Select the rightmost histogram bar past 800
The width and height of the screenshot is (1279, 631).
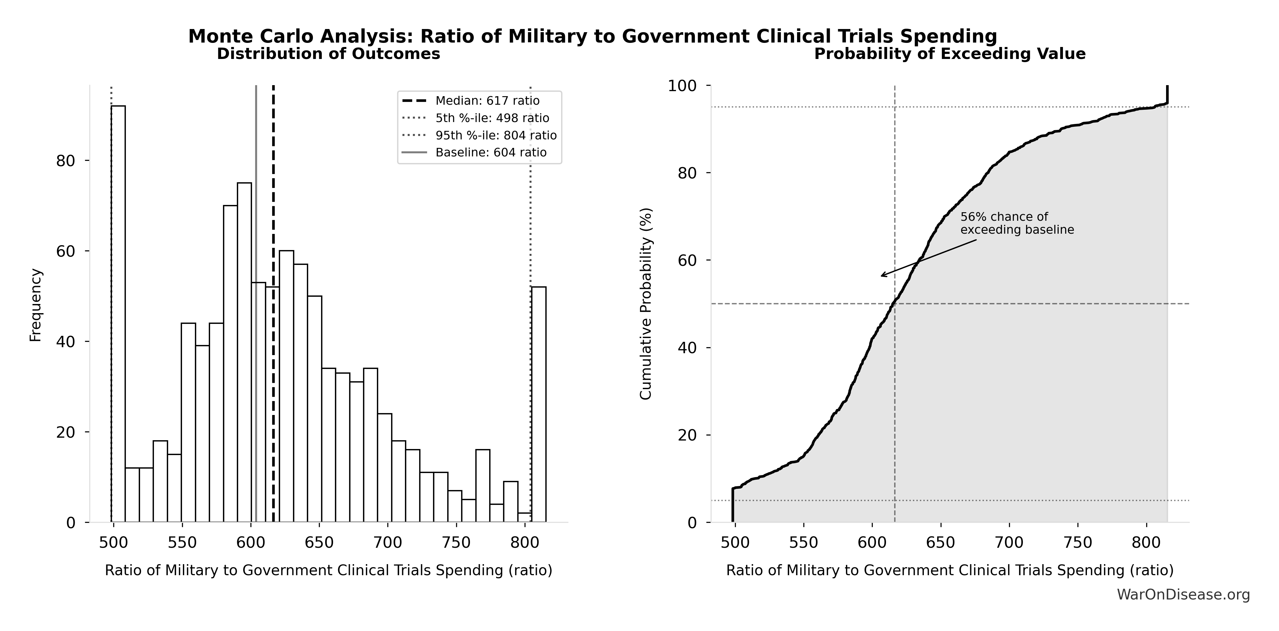(x=539, y=404)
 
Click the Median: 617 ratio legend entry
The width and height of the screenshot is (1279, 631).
(x=487, y=101)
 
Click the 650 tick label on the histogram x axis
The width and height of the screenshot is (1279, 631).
(x=319, y=543)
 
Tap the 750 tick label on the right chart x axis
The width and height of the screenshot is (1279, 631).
(x=1078, y=543)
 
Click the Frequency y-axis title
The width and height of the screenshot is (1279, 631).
(x=36, y=305)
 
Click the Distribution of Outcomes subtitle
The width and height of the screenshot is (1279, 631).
(x=328, y=54)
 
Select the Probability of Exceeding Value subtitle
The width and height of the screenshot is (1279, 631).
(x=949, y=54)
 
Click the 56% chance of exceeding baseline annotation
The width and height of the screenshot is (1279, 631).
(x=1017, y=223)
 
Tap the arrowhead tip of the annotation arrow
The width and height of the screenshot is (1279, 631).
(x=881, y=276)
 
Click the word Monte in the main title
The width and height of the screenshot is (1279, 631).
(x=217, y=36)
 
